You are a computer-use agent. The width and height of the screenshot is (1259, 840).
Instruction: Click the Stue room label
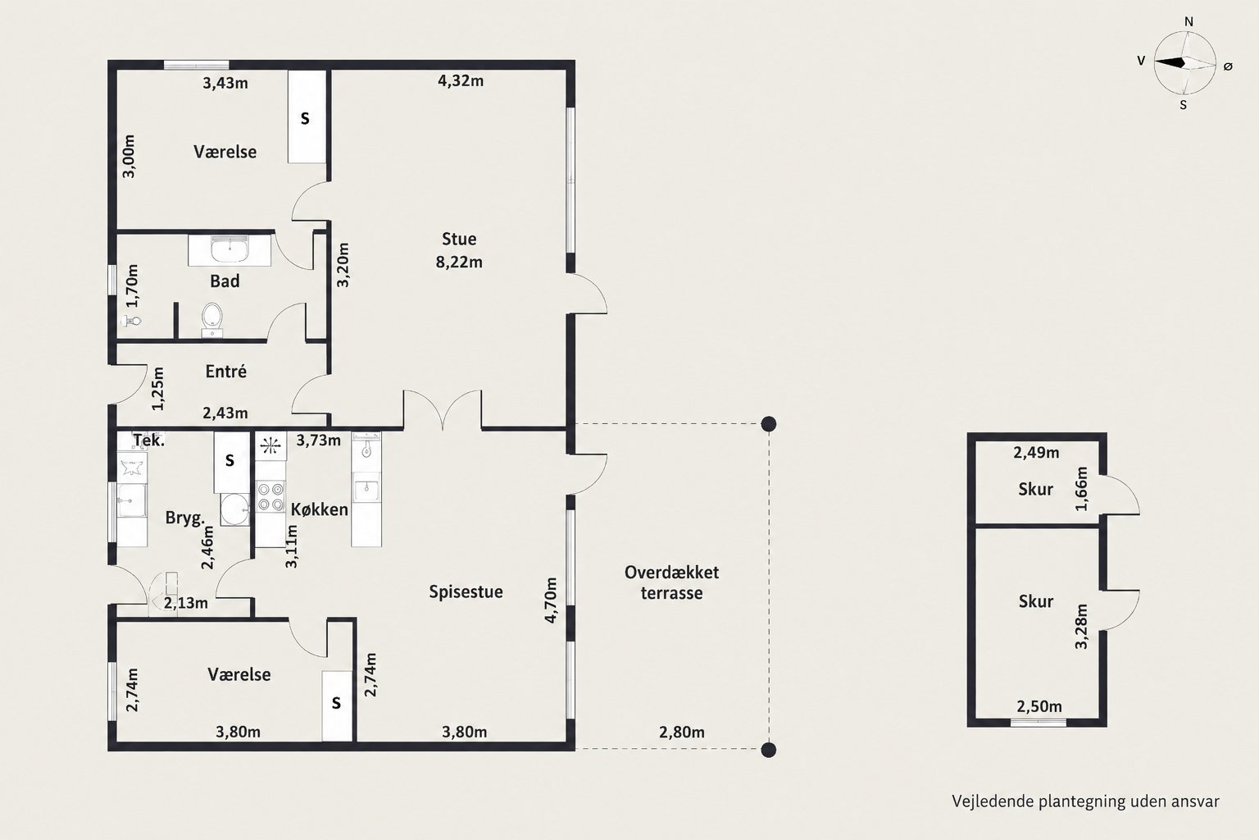tap(459, 239)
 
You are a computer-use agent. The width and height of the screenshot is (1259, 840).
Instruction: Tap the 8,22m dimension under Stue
tap(459, 262)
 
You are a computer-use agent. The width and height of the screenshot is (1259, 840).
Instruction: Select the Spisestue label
tap(466, 592)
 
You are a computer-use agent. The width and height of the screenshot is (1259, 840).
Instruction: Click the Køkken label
tap(319, 509)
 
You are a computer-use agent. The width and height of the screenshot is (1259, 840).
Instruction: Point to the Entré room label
tap(226, 372)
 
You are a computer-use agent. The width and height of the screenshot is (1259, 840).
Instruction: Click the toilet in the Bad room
tap(212, 320)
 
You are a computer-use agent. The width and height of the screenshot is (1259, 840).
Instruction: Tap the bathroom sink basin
tap(230, 249)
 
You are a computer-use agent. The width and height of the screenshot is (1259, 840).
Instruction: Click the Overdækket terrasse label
tap(671, 583)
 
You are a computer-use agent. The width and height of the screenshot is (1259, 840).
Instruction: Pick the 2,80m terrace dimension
tap(682, 732)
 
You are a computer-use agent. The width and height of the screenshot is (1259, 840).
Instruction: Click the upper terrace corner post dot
tap(768, 423)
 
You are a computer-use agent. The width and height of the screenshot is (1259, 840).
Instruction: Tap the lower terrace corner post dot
tap(768, 750)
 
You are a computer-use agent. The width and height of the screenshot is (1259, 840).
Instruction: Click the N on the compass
tap(1189, 22)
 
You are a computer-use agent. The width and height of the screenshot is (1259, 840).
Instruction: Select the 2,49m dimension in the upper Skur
tap(1036, 452)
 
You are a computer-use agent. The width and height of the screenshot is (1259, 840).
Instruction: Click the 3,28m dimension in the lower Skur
tap(1081, 626)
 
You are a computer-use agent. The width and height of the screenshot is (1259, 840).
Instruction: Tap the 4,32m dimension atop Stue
tap(461, 81)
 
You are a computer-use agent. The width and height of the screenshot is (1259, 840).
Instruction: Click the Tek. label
tap(149, 440)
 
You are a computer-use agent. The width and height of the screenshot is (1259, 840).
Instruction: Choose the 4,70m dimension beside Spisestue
tap(551, 600)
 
